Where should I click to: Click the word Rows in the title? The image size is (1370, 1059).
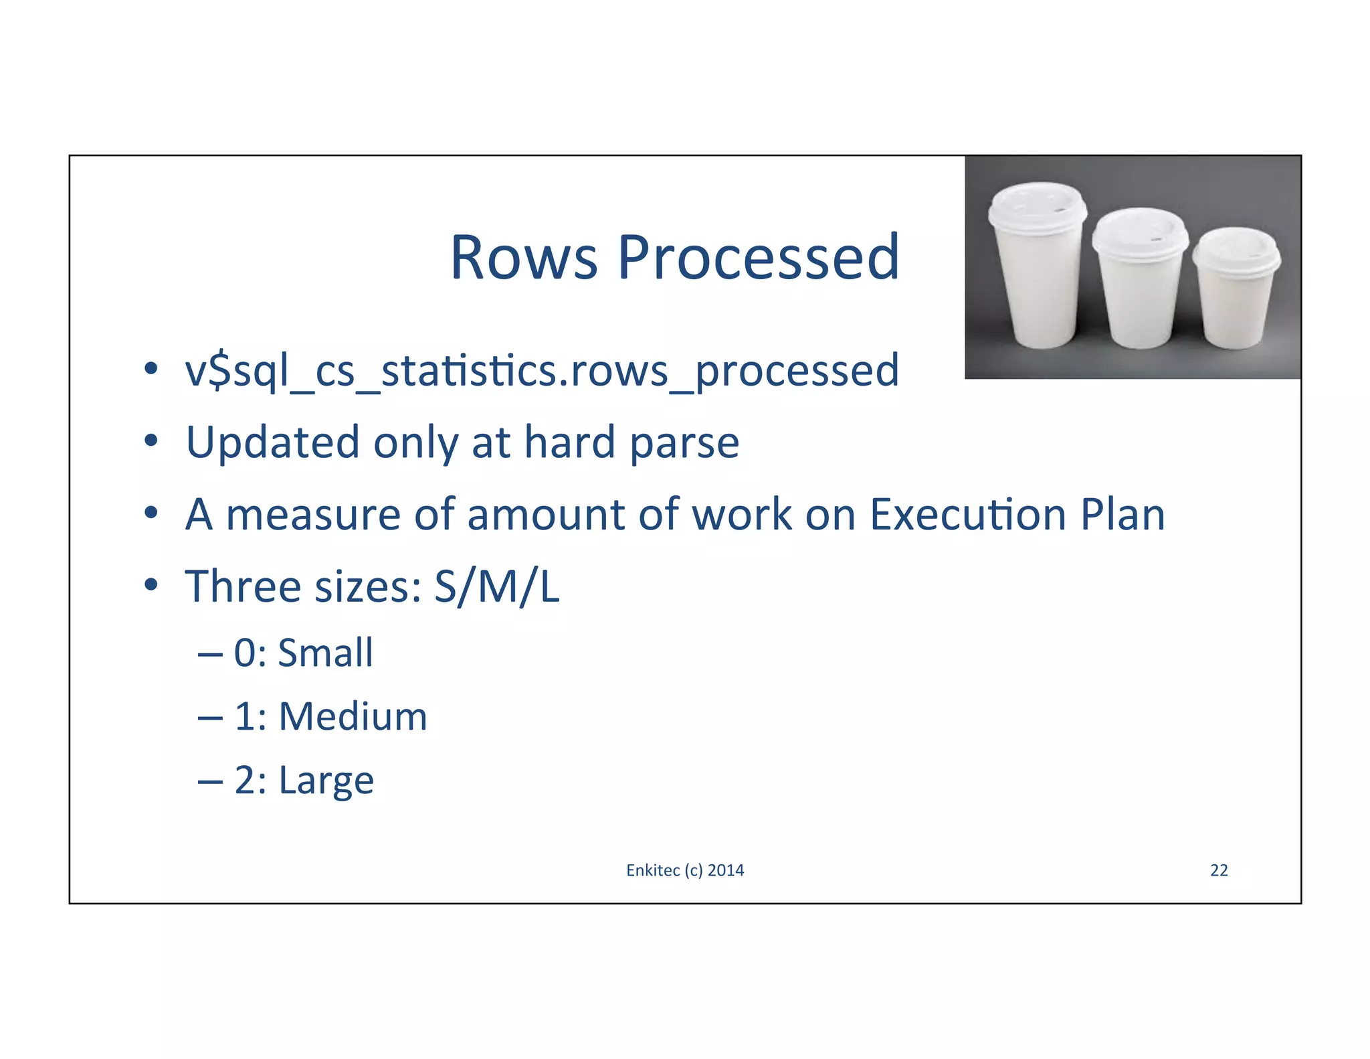click(524, 258)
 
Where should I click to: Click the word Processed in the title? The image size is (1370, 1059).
click(758, 258)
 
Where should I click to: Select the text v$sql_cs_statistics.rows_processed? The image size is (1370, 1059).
click(542, 372)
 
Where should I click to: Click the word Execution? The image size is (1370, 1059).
click(967, 515)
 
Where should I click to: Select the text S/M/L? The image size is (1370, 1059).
click(496, 587)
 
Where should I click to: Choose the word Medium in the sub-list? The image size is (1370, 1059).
click(353, 716)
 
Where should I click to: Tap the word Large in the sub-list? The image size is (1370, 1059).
click(326, 781)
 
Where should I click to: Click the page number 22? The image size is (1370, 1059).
click(1219, 870)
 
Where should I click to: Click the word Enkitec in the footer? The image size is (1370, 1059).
click(653, 870)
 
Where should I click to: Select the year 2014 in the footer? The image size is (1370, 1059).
click(726, 870)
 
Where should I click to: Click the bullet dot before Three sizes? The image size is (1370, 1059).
click(151, 585)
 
